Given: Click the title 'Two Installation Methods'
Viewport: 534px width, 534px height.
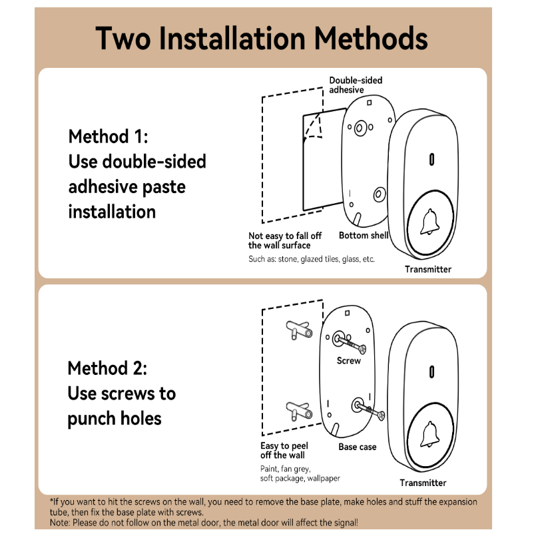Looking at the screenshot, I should [262, 38].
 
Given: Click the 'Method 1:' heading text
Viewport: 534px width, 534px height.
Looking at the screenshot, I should [108, 136].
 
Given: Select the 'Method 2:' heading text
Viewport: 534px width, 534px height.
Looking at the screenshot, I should [107, 368].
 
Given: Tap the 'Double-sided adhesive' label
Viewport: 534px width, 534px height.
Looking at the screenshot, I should [356, 85].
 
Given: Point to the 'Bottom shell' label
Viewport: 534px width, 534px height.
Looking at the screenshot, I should [364, 236].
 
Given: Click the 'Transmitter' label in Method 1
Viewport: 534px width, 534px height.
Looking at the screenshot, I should [428, 270].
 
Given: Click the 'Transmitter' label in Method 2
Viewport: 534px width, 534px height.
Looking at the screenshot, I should [423, 483].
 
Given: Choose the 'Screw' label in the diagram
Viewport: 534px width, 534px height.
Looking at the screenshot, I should [349, 361].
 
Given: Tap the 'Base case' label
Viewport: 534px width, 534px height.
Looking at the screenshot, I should [358, 447].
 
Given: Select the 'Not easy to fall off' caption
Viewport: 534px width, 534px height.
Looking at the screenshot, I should [285, 240].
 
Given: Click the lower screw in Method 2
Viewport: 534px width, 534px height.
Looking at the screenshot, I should [370, 410].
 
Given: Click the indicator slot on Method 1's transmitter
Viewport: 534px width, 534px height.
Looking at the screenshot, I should [431, 160].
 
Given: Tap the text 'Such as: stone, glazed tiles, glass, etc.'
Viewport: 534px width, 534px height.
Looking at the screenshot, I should [312, 258].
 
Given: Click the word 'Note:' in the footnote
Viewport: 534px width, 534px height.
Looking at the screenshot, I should [61, 523].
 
